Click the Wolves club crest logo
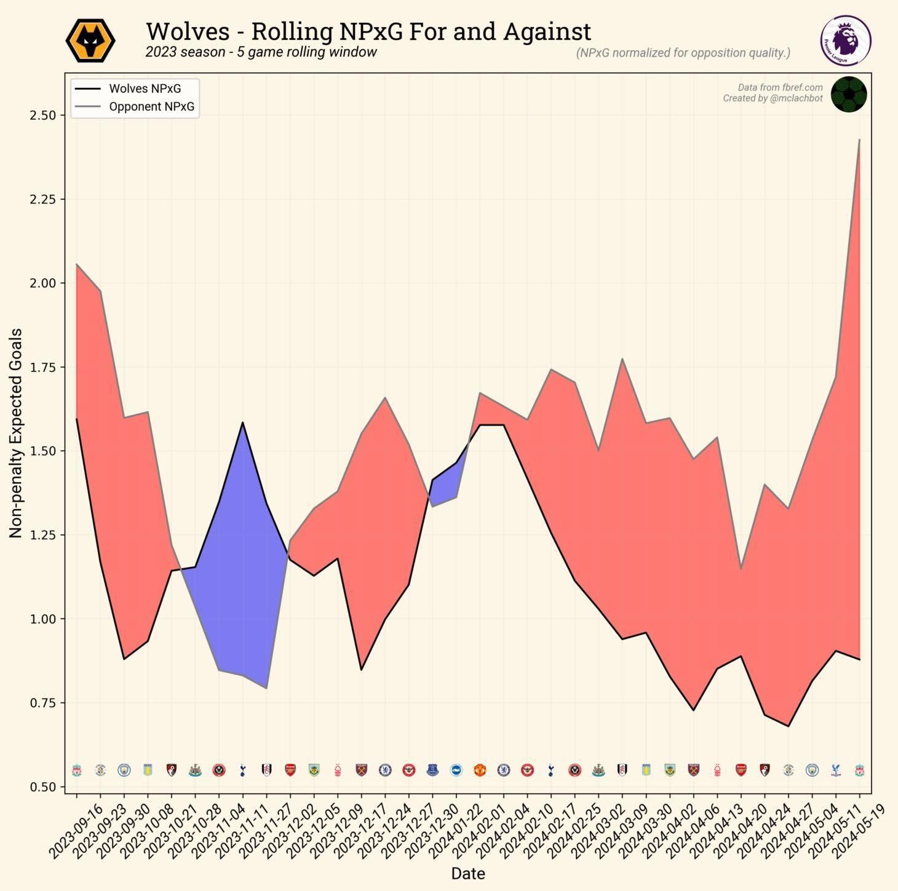[90, 41]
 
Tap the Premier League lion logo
[846, 41]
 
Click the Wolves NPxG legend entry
[145, 89]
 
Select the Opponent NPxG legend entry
[151, 106]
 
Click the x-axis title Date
[468, 873]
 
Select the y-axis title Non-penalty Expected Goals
[16, 433]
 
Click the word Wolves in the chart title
[188, 31]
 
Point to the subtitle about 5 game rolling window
[261, 52]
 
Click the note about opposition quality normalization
[683, 53]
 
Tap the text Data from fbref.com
[780, 87]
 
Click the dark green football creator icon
[849, 94]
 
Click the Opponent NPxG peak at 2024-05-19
[859, 140]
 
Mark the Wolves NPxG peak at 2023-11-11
[242, 423]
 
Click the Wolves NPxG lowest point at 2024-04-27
[788, 726]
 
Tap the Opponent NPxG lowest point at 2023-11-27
[266, 688]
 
